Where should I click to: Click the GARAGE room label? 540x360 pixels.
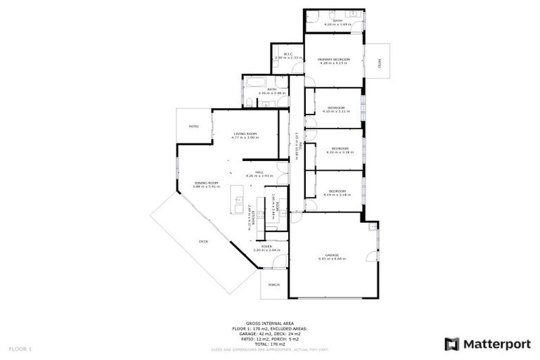(332, 255)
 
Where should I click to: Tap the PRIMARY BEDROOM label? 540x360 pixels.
(333, 59)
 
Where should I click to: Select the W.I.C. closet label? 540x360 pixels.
(288, 54)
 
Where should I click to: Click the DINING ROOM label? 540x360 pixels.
(207, 183)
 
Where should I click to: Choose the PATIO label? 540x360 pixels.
(193, 127)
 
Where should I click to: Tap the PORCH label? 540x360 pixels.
(274, 285)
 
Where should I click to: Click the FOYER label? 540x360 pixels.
(267, 246)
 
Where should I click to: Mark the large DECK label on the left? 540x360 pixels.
(203, 241)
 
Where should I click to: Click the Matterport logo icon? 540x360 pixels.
(452, 344)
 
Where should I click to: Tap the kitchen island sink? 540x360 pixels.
(238, 200)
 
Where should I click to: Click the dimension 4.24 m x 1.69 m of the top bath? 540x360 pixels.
(338, 25)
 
